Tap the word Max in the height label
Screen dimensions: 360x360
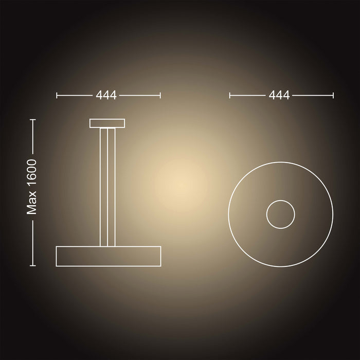(x=33, y=205)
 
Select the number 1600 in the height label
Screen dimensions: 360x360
(x=33, y=175)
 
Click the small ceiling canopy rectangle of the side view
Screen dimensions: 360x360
(x=107, y=123)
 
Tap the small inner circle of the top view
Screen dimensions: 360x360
(x=280, y=214)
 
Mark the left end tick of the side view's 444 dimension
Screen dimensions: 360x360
(x=57, y=95)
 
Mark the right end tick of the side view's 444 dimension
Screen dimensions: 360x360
(x=160, y=95)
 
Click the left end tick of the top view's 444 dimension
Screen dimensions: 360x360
(x=230, y=95)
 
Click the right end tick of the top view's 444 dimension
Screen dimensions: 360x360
(x=333, y=95)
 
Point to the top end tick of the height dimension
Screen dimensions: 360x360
(x=33, y=120)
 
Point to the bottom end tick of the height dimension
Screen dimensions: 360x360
(x=33, y=265)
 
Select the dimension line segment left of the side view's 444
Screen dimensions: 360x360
(x=75, y=95)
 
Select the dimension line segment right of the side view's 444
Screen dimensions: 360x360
(x=140, y=95)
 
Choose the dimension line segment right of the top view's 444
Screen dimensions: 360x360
(x=313, y=95)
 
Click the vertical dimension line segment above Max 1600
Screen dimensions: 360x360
(x=33, y=136)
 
